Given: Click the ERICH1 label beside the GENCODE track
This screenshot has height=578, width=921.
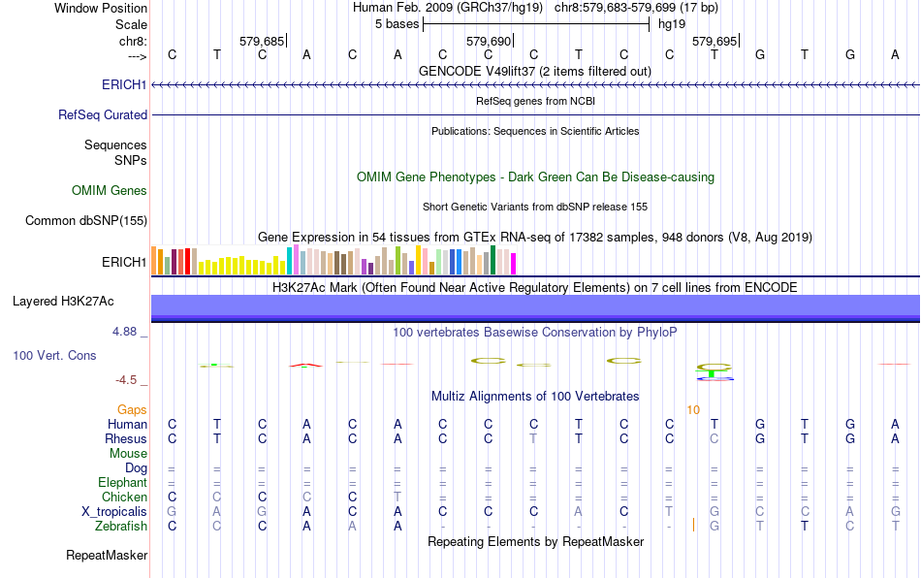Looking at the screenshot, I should [x=124, y=85].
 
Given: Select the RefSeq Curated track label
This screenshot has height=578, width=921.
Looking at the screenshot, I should [x=103, y=114].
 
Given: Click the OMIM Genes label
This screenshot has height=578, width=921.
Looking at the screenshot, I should [x=110, y=190].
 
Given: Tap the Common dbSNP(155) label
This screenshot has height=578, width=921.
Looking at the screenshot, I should [x=86, y=221].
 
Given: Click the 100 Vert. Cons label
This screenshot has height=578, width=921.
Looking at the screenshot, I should [x=54, y=356].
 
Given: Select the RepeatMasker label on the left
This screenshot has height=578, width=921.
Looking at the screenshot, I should [x=107, y=556].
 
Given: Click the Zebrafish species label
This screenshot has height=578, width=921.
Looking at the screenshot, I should [x=121, y=526].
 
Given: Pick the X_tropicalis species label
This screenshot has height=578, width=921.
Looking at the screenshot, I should [x=114, y=511].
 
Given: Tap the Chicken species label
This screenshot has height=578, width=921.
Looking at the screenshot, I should [x=124, y=497].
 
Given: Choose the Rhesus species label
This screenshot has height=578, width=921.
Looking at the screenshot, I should [x=126, y=438].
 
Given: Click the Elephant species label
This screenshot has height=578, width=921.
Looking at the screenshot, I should [x=122, y=482].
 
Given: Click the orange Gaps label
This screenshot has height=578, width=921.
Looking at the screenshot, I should [x=132, y=410].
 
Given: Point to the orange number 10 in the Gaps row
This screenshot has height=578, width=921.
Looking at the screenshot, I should [x=693, y=410].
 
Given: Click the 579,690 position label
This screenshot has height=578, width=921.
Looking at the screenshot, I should [x=488, y=42].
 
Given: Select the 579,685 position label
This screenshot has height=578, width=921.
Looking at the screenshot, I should [x=262, y=42].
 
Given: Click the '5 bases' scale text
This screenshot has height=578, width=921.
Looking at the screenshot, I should [x=396, y=23].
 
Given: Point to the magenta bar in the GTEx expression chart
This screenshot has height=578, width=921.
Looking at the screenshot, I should [x=513, y=263].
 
